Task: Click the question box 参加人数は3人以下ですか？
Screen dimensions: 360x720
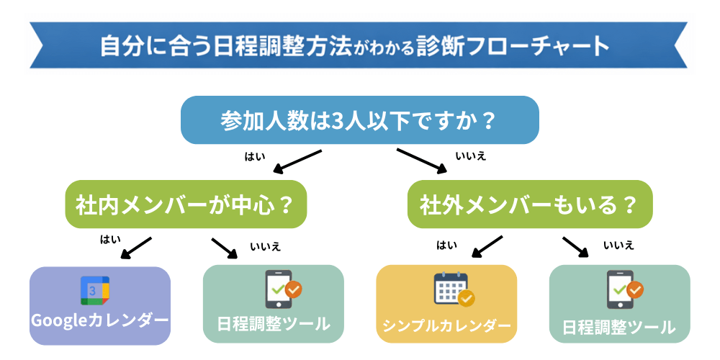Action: point(359,120)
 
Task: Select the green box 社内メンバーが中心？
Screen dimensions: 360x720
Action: point(186,204)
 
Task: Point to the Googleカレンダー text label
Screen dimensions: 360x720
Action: point(99,320)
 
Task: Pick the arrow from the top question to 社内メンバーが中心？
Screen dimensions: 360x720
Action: point(297,163)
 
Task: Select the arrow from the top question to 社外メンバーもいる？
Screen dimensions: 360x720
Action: point(421,162)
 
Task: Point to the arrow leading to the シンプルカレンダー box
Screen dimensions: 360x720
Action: point(486,246)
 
